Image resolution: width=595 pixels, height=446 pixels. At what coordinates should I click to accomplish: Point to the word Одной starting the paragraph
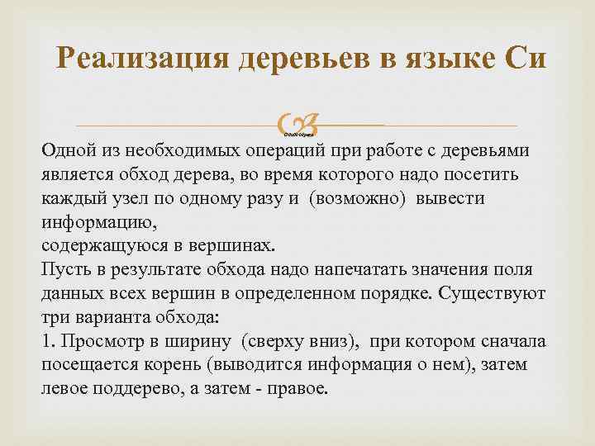point(65,151)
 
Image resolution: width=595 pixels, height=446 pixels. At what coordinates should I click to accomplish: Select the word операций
point(286,151)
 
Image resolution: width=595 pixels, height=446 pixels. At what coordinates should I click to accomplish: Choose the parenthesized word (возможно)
point(359,199)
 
